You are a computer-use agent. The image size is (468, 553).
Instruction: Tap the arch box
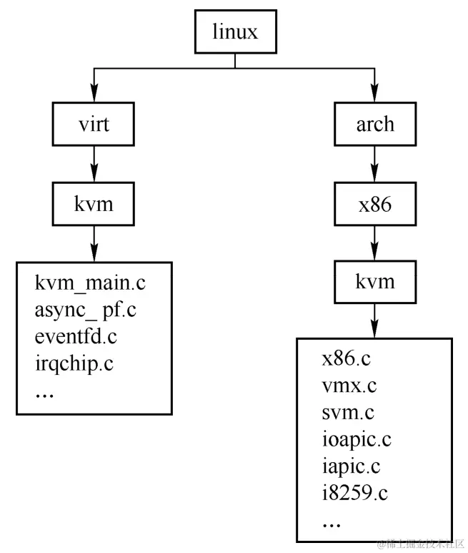point(374,123)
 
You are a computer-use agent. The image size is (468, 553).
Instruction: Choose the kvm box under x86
point(374,280)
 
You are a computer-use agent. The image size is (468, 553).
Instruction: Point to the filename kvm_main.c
point(90,283)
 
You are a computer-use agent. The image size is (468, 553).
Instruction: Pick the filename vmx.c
point(349,386)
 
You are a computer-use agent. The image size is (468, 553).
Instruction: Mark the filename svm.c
point(348,413)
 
